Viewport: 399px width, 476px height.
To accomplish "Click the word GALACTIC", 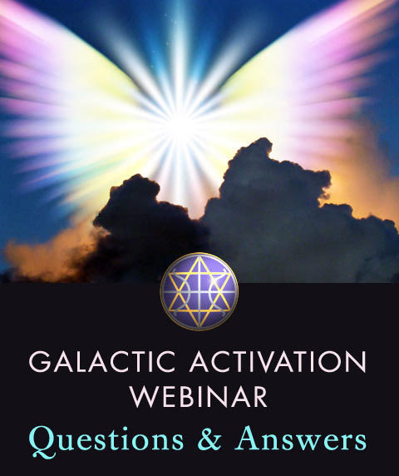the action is (x=102, y=361).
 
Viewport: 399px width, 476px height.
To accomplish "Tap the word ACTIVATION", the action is (x=278, y=361).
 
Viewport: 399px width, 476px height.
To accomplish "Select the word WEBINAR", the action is (x=199, y=396).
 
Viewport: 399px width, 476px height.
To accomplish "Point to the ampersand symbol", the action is (x=209, y=439).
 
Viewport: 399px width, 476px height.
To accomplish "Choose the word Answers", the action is (x=300, y=439).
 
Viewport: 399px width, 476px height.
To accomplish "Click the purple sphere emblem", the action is (x=199, y=291).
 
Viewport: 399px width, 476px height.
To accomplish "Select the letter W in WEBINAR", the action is (x=145, y=397).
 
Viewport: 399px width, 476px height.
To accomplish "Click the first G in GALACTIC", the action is (x=39, y=362).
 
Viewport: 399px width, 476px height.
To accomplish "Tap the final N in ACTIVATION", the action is (x=357, y=362).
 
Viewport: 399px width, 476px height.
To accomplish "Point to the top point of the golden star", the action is (x=199, y=257).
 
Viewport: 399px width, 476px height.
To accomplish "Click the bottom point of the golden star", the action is (x=199, y=327).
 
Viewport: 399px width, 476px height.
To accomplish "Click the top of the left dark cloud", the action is (x=137, y=176).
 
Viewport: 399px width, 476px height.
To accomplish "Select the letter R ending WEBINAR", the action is (x=259, y=397).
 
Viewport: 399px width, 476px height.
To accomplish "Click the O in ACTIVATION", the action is (x=332, y=362).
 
